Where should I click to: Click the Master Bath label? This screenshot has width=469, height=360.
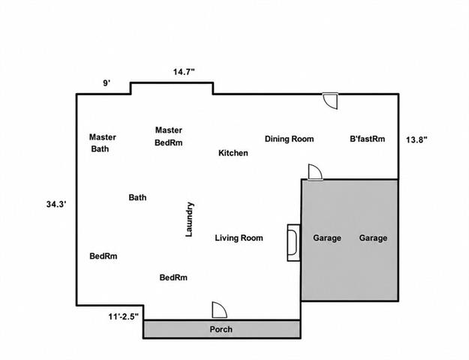(103, 143)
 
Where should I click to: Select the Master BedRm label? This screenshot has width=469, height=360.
(169, 136)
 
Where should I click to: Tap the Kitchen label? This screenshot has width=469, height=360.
(233, 153)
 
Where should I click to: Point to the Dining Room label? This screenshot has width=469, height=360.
(289, 139)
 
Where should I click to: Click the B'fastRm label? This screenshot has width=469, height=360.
(367, 139)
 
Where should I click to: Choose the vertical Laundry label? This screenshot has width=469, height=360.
(189, 220)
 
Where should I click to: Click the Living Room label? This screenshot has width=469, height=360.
(239, 238)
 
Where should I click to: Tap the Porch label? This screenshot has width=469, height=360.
(221, 329)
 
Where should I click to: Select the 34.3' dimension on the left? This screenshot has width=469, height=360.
(56, 205)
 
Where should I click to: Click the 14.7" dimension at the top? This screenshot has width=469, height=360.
(184, 72)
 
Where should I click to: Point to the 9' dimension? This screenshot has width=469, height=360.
(107, 83)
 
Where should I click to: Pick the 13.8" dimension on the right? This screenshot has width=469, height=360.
(416, 139)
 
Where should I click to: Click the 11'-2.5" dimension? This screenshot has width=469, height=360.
(124, 316)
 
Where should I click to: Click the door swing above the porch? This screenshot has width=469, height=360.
(219, 310)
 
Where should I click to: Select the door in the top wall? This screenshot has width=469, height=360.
(330, 100)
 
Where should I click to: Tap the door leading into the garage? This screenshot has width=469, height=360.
(315, 172)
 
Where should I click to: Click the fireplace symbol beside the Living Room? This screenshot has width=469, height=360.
(293, 243)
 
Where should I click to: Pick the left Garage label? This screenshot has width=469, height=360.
(327, 238)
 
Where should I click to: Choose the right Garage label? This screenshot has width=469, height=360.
(373, 238)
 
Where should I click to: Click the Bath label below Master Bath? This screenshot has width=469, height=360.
(137, 198)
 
